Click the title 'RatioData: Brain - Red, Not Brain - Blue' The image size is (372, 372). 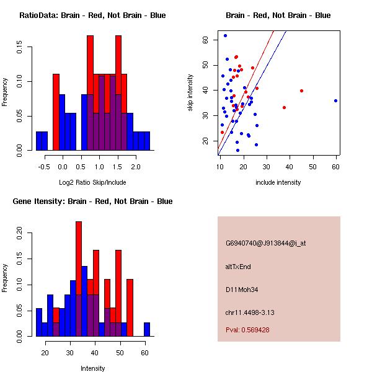tap(92, 15)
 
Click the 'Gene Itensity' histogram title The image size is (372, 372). tap(92, 201)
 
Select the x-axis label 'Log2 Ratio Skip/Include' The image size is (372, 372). tap(92, 182)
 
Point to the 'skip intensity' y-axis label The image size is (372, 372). tap(190, 93)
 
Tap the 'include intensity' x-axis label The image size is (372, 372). tap(278, 182)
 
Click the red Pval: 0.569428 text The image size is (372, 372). tap(247, 330)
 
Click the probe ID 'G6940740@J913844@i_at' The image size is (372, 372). tap(265, 243)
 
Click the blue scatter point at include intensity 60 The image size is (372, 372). tap(335, 100)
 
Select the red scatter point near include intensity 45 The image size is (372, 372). tap(301, 91)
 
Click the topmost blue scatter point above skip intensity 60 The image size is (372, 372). tap(225, 35)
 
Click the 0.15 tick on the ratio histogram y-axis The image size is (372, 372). tap(20, 47)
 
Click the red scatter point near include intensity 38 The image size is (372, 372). tap(284, 107)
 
